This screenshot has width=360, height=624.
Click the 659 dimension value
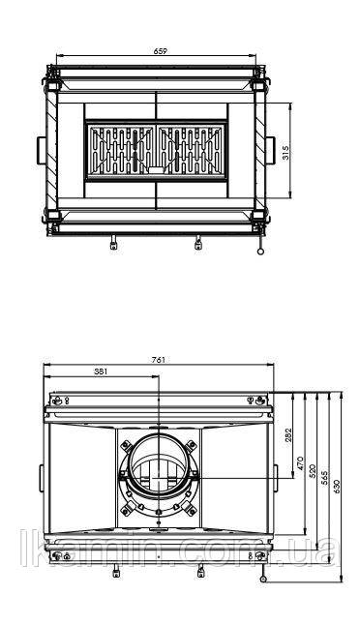160,51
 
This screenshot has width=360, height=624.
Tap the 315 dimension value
285,152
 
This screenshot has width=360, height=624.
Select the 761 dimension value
158,360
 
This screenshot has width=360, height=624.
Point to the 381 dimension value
101,371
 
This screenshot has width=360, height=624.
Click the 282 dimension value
288,435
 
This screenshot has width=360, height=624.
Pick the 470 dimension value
301,462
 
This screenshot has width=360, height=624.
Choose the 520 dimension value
313,470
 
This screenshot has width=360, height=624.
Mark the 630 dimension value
336,487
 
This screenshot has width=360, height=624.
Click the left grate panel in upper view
121,150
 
